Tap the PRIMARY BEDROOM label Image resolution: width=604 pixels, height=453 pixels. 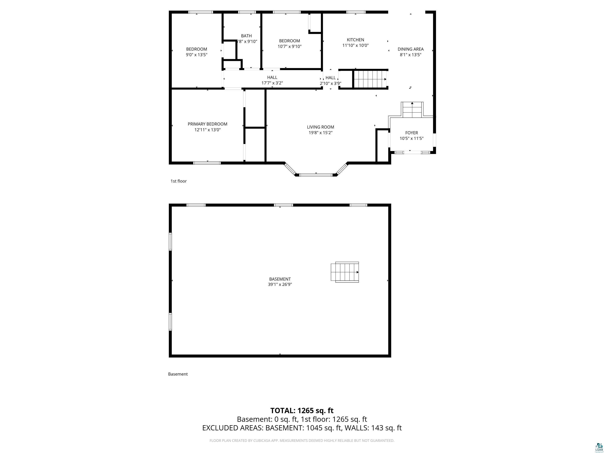click(207, 124)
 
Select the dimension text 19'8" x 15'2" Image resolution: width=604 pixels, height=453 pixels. click(320, 133)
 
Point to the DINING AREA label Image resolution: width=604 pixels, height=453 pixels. click(410, 49)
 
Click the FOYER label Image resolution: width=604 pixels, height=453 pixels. click(411, 133)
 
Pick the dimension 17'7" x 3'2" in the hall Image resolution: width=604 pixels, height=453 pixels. click(272, 83)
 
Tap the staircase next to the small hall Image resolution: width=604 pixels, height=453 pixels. click(370, 79)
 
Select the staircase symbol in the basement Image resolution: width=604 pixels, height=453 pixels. click(345, 272)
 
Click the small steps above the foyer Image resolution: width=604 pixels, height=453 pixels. click(412, 110)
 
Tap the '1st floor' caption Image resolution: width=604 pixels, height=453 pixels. click(179, 181)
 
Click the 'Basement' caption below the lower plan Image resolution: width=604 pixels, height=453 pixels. click(178, 374)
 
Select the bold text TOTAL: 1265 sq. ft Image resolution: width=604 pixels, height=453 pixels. click(302, 410)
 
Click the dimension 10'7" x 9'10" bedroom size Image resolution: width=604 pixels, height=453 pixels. click(289, 46)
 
